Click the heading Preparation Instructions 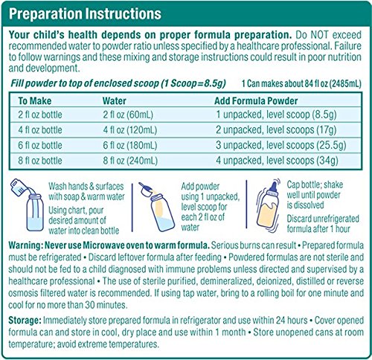85,13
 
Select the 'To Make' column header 35,101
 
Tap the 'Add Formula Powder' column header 256,101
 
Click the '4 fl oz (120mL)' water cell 130,130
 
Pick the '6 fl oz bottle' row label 40,145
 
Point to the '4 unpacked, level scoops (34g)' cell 277,161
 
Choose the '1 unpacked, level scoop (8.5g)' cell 276,115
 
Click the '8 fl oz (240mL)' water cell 130,161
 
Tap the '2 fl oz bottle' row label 40,115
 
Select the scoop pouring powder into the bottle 146,189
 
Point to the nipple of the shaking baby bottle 274,187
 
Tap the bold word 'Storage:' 25,321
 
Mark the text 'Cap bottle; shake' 315,184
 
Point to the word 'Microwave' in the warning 114,245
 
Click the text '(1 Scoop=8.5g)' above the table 193,83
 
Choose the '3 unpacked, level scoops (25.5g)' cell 280,145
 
